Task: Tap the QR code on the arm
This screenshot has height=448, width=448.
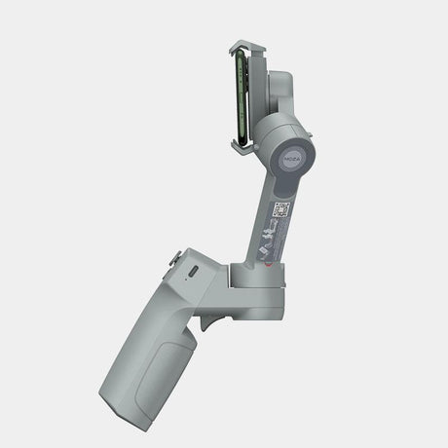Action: (280, 209)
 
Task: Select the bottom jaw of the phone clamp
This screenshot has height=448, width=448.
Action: (246, 146)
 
